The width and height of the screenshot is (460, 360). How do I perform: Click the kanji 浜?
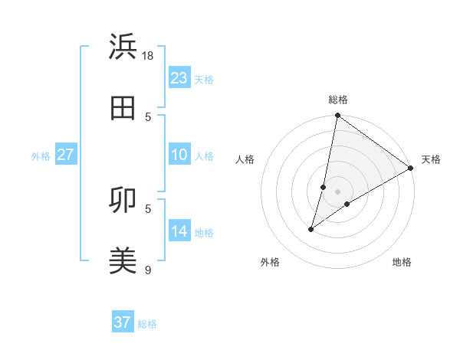(123, 47)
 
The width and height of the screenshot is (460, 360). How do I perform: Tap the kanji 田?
(123, 108)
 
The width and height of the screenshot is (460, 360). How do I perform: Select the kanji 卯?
(123, 200)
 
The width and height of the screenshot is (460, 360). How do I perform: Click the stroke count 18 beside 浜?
(149, 55)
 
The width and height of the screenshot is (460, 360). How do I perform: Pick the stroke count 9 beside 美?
(149, 270)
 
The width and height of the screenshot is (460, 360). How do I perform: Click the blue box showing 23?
(179, 78)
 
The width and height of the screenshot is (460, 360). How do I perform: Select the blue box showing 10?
(179, 155)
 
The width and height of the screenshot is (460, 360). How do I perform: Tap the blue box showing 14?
(179, 232)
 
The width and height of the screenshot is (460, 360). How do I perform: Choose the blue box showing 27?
(65, 155)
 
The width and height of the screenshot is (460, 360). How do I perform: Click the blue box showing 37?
(123, 322)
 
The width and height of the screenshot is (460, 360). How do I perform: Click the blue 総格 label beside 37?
(147, 324)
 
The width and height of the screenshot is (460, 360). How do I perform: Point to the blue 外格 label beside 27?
(41, 156)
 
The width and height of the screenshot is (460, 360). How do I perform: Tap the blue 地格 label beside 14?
(204, 233)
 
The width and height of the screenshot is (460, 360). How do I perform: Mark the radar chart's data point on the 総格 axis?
(337, 116)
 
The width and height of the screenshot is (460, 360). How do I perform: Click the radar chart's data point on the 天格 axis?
(411, 168)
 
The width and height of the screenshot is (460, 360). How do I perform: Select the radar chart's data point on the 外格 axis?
(311, 229)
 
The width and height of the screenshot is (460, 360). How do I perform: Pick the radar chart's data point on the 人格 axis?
(324, 187)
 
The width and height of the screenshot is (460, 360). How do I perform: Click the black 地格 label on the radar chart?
(402, 262)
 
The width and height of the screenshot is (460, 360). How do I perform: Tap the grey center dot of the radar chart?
(337, 191)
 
